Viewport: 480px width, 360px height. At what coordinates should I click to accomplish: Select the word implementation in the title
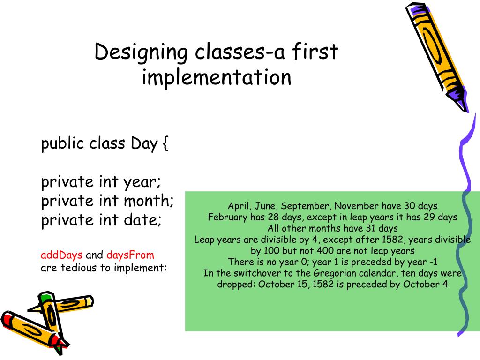pyautogui.click(x=217, y=77)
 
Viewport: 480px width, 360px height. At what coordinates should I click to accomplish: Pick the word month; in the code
pyautogui.click(x=149, y=201)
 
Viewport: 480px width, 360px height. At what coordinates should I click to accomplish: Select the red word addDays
pyautogui.click(x=61, y=255)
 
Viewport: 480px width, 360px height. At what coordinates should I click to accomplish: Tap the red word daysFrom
pyautogui.click(x=130, y=255)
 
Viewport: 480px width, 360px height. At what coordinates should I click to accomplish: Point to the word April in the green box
pyautogui.click(x=239, y=206)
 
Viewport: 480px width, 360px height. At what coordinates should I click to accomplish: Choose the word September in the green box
pyautogui.click(x=307, y=206)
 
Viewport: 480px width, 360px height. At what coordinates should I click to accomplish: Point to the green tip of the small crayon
pyautogui.click(x=45, y=298)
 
